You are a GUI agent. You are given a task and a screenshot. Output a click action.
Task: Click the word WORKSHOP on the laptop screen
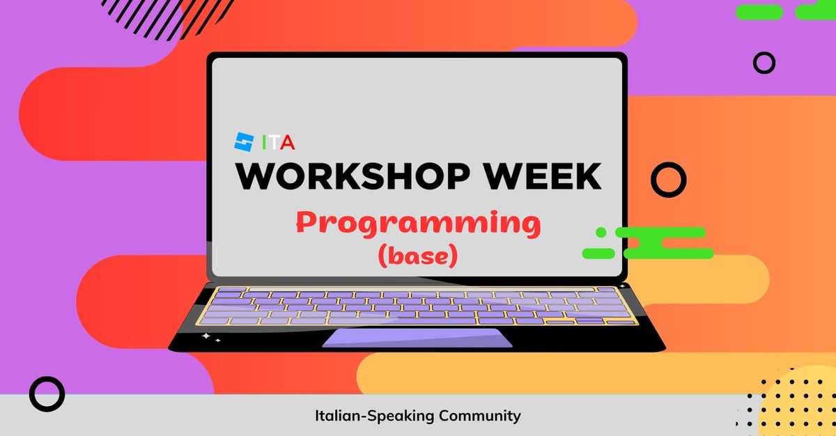pyautogui.click(x=353, y=176)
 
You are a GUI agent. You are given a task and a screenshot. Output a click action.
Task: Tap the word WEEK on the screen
pyautogui.click(x=542, y=176)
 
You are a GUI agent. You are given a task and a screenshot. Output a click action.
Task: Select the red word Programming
pyautogui.click(x=419, y=224)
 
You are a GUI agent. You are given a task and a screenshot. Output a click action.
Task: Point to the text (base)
pyautogui.click(x=418, y=256)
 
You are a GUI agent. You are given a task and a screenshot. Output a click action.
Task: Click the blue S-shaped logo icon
pyautogui.click(x=244, y=142)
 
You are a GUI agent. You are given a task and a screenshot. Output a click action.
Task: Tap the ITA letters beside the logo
pyautogui.click(x=279, y=142)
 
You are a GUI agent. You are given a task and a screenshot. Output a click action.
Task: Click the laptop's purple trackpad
pyautogui.click(x=417, y=338)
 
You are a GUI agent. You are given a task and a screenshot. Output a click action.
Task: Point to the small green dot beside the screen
pyautogui.click(x=601, y=233)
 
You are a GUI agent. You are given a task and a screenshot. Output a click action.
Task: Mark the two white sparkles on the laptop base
pyautogui.click(x=210, y=338)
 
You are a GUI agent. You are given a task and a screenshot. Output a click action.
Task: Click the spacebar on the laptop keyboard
pyautogui.click(x=402, y=320)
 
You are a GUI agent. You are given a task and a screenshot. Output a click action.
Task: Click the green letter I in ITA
pyautogui.click(x=264, y=142)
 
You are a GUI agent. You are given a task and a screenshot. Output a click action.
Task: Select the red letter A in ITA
pyautogui.click(x=288, y=142)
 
